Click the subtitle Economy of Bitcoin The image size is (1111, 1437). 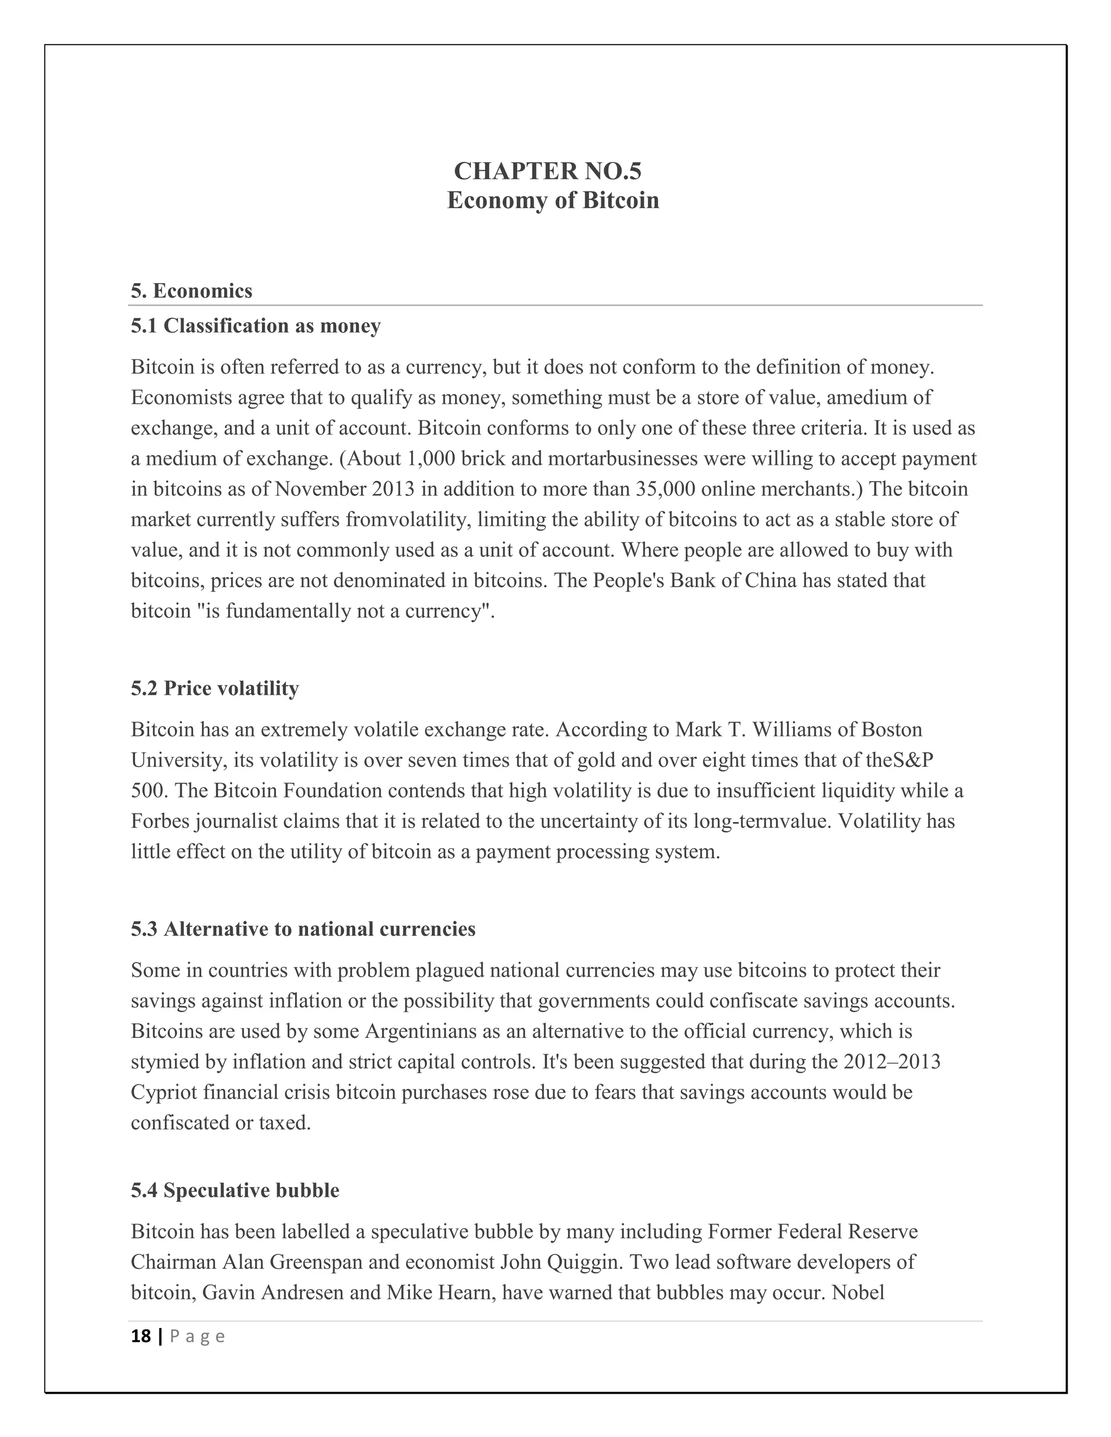coord(553,201)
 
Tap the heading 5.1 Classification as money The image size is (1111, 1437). coord(256,326)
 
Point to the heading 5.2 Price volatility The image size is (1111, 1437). coord(215,688)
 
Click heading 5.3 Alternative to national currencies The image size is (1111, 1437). coord(303,929)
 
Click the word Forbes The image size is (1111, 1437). coord(160,822)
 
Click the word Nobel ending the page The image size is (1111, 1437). coord(858,1293)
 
